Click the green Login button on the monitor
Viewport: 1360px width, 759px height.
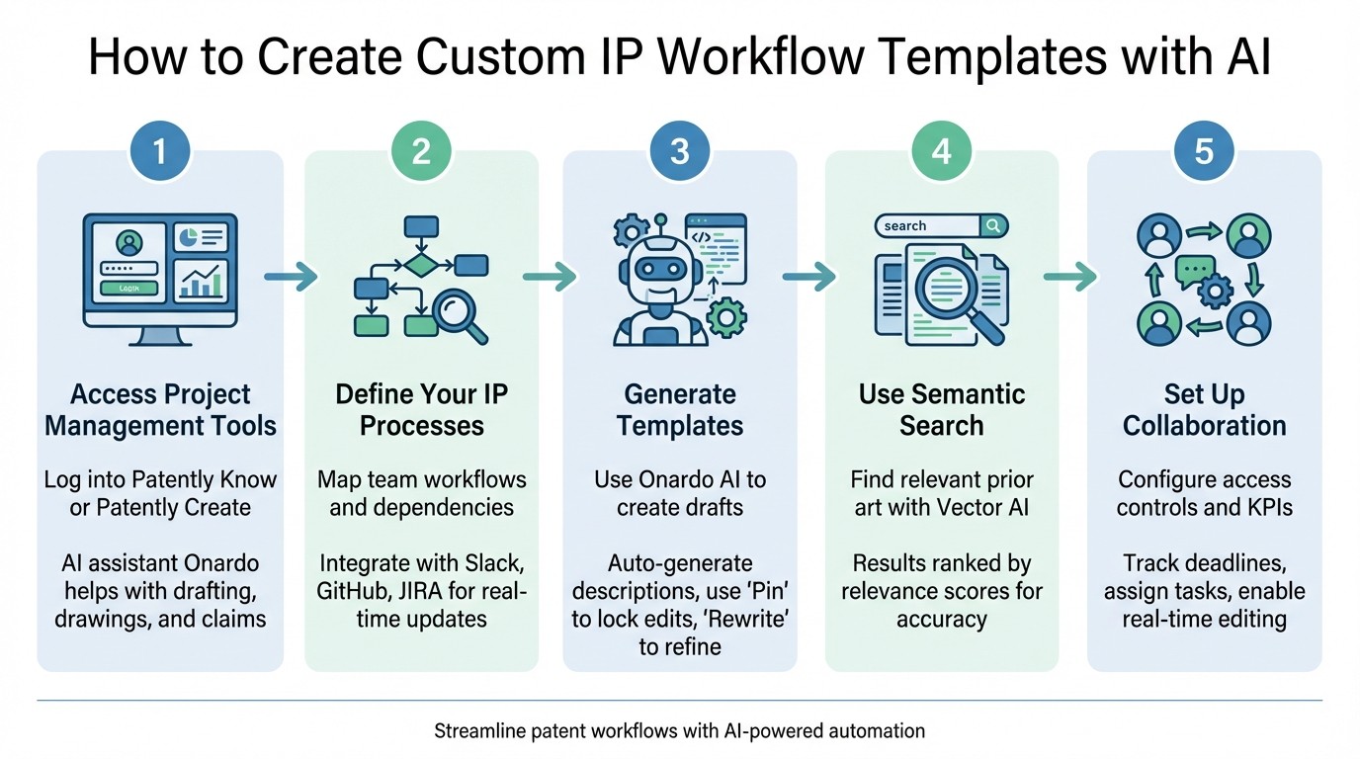[128, 288]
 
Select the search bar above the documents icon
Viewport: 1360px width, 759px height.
[941, 226]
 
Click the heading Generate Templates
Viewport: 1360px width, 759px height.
[680, 410]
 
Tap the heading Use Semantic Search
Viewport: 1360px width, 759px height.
[942, 410]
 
